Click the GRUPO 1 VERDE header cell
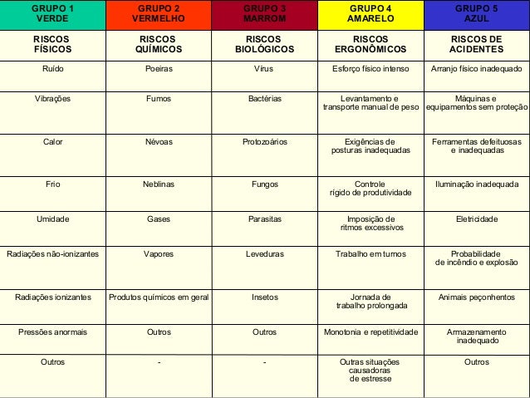[52, 13]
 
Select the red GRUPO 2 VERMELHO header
[159, 13]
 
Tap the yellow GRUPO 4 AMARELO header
[369, 13]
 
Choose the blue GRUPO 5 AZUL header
[477, 13]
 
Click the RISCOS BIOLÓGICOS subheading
[264, 44]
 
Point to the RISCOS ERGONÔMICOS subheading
[369, 44]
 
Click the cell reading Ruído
[52, 81]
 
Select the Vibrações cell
[52, 99]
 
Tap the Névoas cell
[159, 142]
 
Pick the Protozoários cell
[264, 142]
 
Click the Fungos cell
[264, 184]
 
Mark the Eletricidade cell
[477, 219]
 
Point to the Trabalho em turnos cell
[369, 253]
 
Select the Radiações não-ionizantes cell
[52, 253]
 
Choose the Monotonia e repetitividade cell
[369, 332]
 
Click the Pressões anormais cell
[52, 332]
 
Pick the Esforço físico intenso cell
[369, 81]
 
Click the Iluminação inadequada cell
[477, 184]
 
